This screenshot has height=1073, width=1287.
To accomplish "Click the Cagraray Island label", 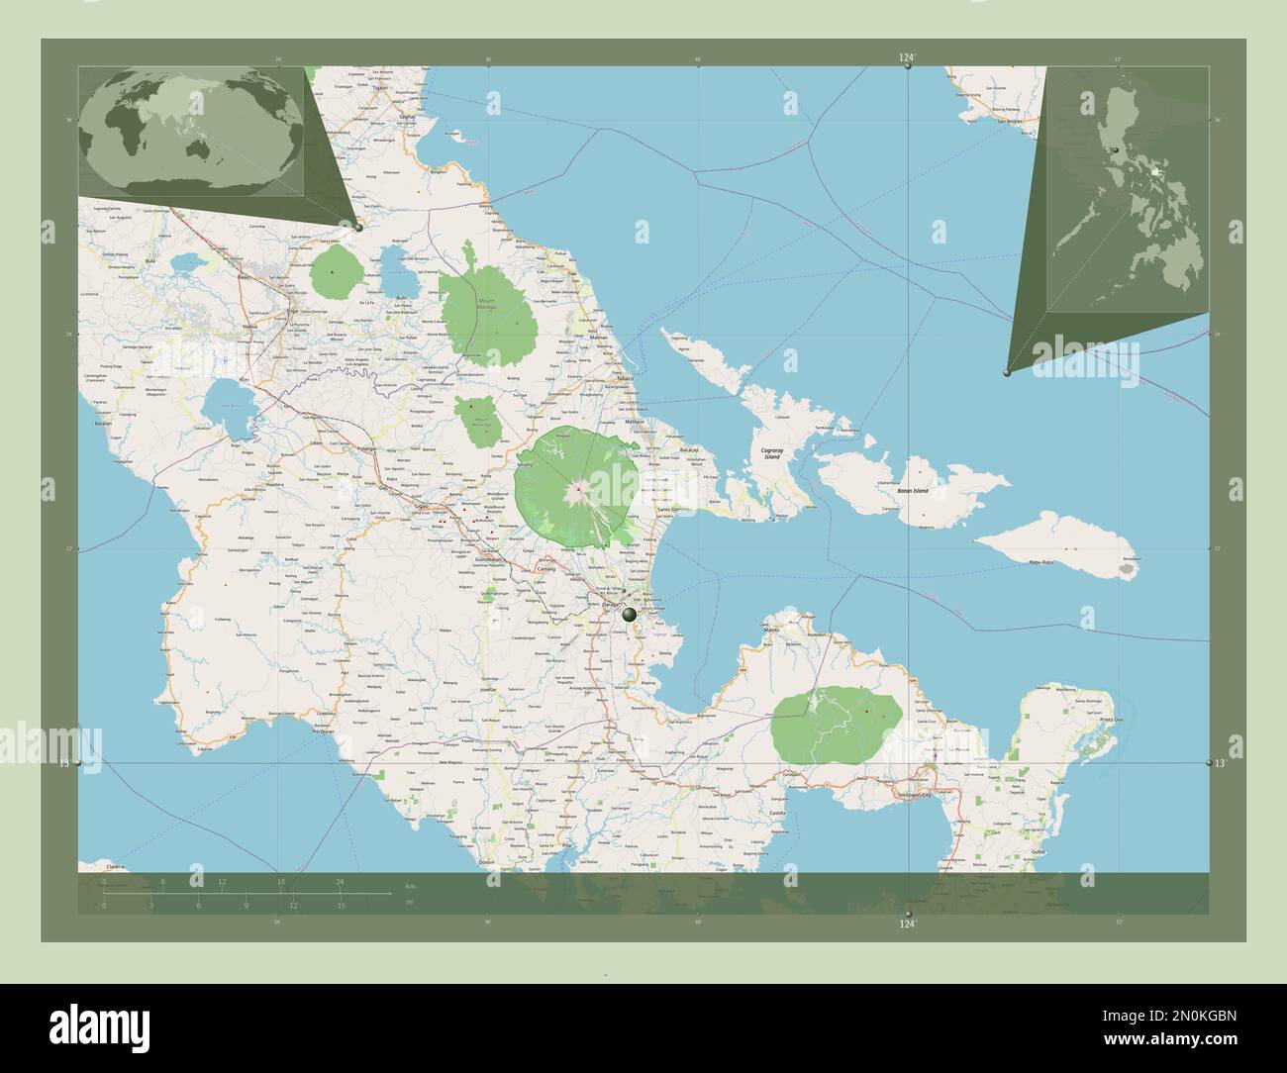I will pos(771,453).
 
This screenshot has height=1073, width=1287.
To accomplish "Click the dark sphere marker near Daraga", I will pos(629,616).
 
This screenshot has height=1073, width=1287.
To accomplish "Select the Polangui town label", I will pos(366,448).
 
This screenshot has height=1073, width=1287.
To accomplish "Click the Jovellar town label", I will pos(487,685).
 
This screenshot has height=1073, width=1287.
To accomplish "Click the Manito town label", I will pos(772,630).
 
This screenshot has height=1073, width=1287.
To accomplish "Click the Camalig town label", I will pos(545,570).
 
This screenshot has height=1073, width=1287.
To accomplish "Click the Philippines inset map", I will pos(1129,198).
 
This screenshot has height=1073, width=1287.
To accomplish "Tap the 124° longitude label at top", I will pos(907,58).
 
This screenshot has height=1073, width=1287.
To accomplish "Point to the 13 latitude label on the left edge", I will pos(64,763).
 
